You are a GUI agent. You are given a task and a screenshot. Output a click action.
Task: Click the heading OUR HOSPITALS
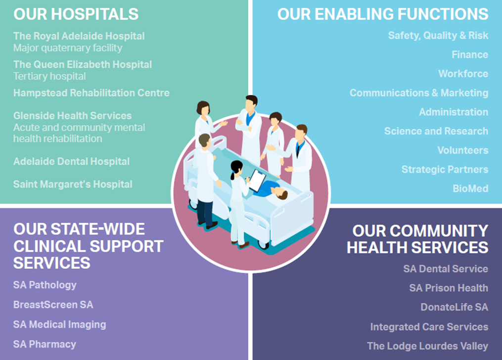[76, 14]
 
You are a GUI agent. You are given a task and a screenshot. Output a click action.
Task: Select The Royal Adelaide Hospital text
[79, 36]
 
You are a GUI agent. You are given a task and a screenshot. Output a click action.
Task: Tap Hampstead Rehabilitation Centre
[91, 93]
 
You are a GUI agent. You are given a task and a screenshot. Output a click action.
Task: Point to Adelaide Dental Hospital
[71, 161]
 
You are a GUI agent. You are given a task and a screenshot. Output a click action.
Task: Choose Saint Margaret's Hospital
[73, 184]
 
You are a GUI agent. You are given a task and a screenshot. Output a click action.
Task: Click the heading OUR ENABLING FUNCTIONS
[383, 14]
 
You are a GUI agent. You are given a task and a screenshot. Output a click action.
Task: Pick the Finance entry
[470, 55]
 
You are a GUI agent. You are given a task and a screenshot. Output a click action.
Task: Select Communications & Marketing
[419, 93]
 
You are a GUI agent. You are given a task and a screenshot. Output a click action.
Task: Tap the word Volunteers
[463, 150]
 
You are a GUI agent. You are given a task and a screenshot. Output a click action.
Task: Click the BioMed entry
[471, 188]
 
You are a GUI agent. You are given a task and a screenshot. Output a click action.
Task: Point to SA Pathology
[45, 285]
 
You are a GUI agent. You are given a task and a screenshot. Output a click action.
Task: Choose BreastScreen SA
[53, 305]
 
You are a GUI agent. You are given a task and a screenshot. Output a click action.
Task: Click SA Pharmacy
[45, 344]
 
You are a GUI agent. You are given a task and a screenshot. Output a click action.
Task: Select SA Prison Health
[449, 288]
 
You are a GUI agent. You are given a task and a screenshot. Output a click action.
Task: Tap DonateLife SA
[455, 307]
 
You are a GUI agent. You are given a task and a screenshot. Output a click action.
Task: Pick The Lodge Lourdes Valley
[428, 346]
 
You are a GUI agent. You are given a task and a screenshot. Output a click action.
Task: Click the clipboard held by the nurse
[257, 180]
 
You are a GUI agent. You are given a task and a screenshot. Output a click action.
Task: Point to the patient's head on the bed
[281, 194]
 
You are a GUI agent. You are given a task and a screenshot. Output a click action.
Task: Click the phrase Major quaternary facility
[68, 48]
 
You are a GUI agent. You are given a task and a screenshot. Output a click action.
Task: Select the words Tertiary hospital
[49, 77]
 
